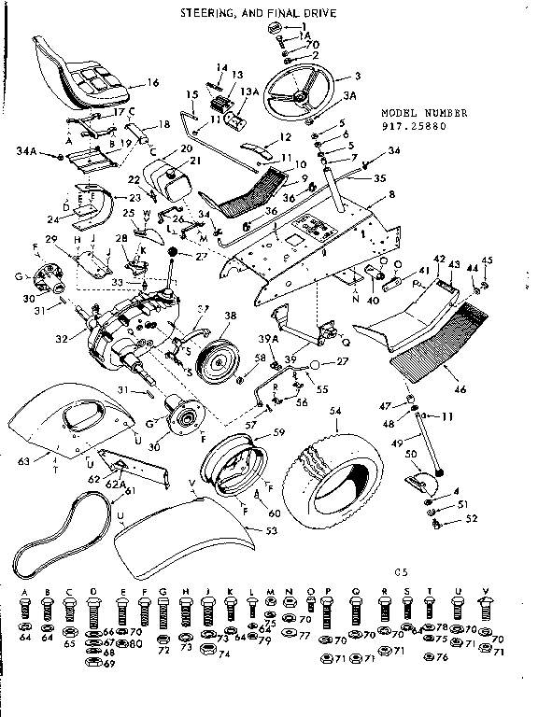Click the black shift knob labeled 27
pyautogui.click(x=174, y=254)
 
